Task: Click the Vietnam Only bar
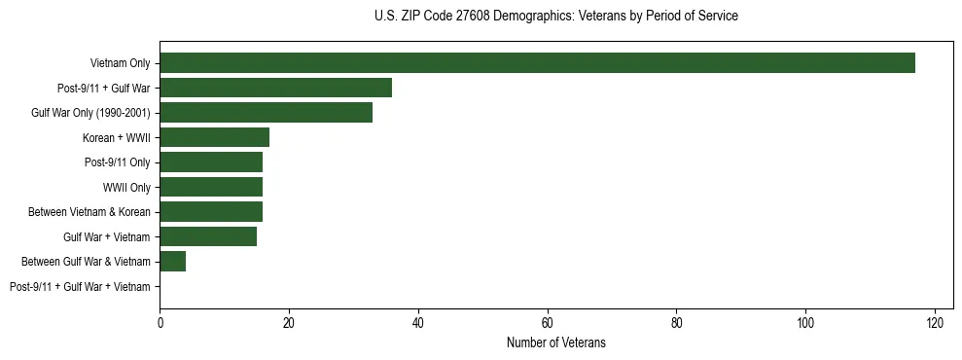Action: [537, 63]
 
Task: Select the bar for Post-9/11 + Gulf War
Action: [275, 88]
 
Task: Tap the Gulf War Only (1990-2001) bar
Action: [266, 113]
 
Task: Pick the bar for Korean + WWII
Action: [214, 137]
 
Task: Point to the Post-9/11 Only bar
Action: [211, 162]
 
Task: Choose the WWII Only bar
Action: [211, 187]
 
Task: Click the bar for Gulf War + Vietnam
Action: [208, 236]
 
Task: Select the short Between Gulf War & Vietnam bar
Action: [172, 262]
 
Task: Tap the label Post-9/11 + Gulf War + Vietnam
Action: [80, 287]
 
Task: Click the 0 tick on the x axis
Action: [160, 323]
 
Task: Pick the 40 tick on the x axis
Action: [418, 323]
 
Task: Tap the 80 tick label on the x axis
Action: [676, 323]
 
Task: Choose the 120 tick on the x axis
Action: [935, 323]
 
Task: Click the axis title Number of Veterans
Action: [556, 342]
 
